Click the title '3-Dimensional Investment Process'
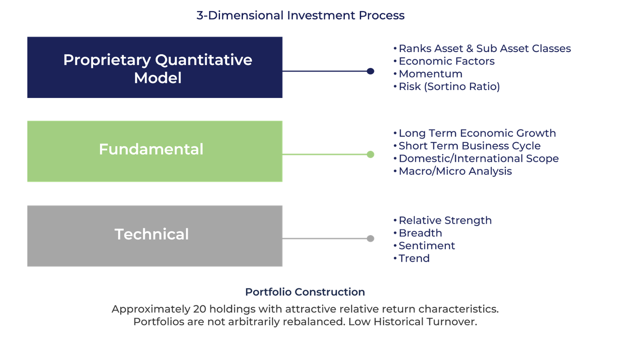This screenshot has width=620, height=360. tap(300, 15)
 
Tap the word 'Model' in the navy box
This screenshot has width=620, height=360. tap(158, 78)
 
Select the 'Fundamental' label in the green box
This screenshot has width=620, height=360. tap(151, 149)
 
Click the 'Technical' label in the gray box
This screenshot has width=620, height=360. tap(152, 234)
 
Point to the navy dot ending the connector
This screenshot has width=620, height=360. tap(370, 71)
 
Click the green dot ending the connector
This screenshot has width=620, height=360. tap(370, 154)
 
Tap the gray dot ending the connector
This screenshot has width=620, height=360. tap(370, 238)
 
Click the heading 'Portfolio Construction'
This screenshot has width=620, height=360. tap(305, 292)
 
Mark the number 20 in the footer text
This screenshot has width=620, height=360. tap(200, 309)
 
